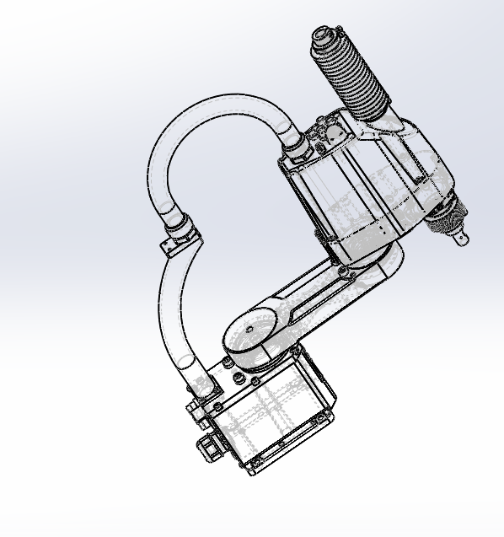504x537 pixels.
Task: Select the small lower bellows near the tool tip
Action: tap(442, 217)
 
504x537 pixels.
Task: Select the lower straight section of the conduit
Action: tap(173, 312)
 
